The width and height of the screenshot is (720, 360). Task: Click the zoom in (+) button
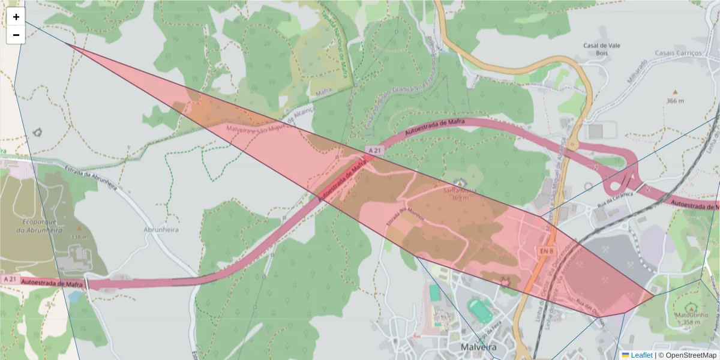[x=16, y=17]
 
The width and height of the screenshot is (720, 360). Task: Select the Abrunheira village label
[x=162, y=229]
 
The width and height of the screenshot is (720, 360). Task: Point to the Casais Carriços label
[x=679, y=53]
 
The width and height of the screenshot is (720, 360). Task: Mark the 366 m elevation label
[x=675, y=101]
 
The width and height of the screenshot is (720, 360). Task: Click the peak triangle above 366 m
[x=675, y=92]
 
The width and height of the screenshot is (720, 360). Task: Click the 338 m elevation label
[x=79, y=236]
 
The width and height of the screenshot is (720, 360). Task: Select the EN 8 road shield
[x=546, y=250]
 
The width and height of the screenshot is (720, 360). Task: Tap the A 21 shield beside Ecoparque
[x=10, y=279]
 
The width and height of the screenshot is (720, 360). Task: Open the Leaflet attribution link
[x=641, y=355]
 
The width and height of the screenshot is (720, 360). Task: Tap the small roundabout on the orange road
[x=573, y=145]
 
